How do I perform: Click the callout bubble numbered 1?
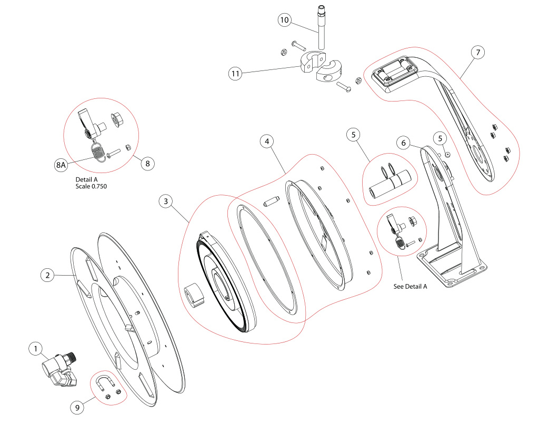click(x=36, y=349)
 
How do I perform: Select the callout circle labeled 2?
click(x=48, y=275)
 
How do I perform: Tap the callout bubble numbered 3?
click(x=166, y=201)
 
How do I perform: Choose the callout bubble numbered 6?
click(x=403, y=143)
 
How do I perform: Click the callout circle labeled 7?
click(x=477, y=53)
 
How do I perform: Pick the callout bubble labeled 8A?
click(x=61, y=165)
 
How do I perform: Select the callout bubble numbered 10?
click(x=285, y=20)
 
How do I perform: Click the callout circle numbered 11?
click(x=235, y=74)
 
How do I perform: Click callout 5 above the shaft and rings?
click(x=354, y=135)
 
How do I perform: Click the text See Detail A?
click(x=410, y=287)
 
